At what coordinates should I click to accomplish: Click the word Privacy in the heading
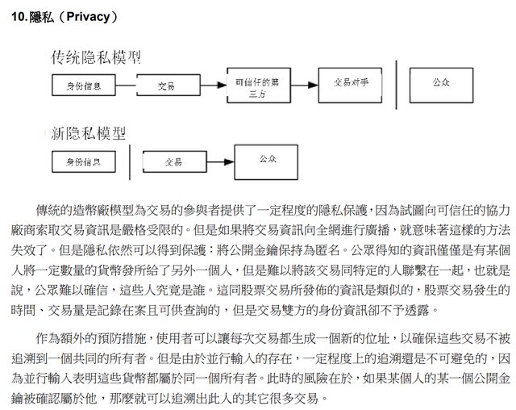88,17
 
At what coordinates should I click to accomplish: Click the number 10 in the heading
18,17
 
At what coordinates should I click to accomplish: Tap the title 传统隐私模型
96,57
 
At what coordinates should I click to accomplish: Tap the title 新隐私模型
88,133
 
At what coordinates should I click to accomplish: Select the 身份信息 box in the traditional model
84,86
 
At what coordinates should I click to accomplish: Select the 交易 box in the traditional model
169,86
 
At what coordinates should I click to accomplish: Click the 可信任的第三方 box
259,86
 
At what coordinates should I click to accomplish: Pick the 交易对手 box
350,86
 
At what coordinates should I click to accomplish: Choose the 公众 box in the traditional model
441,86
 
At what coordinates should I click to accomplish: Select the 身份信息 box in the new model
84,161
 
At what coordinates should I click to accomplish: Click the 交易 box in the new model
175,161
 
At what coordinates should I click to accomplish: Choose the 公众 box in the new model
266,162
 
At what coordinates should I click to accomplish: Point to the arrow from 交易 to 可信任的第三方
214,86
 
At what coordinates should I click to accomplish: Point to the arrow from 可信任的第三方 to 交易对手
305,86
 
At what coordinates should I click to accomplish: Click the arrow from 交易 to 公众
220,161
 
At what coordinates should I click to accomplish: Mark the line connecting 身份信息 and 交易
126,86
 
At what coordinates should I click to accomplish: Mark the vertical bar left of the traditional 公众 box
396,85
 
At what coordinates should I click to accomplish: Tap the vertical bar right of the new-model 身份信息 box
130,162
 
